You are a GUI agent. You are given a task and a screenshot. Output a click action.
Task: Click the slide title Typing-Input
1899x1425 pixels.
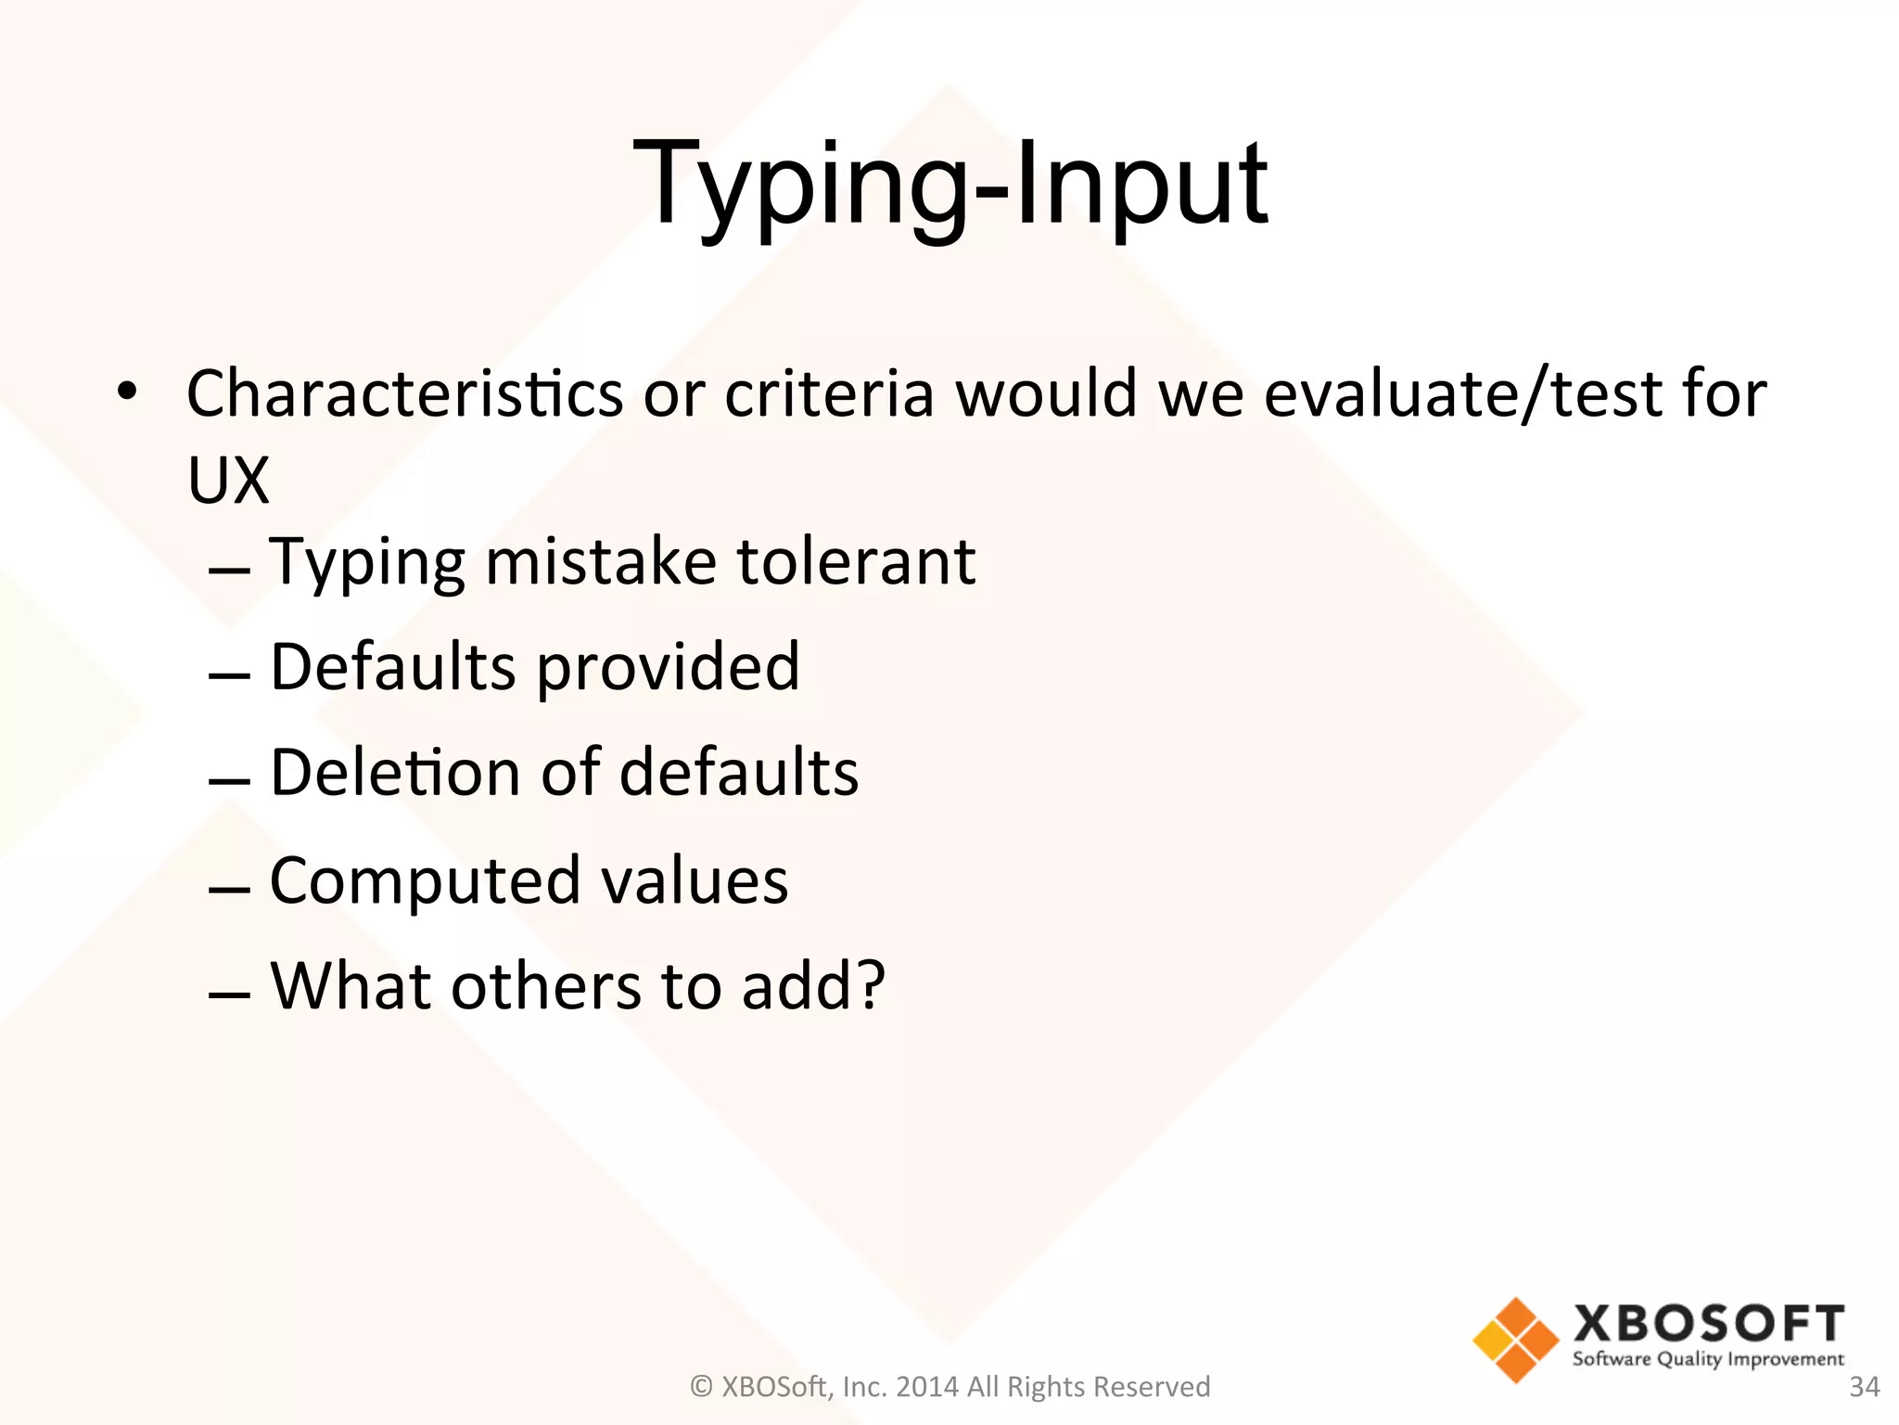tap(949, 186)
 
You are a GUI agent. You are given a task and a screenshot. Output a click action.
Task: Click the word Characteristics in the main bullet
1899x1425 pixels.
tap(405, 394)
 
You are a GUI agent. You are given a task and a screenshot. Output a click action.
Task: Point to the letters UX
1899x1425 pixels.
tap(228, 481)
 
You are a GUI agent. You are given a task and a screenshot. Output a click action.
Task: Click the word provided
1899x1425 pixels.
tap(668, 667)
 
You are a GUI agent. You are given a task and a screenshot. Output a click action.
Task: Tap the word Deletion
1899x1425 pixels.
tap(394, 773)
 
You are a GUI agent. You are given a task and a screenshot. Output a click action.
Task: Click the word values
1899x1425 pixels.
tap(695, 880)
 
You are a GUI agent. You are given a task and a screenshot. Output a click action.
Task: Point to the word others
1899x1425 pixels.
tap(546, 985)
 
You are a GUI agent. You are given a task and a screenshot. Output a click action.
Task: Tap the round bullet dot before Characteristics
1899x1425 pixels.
tap(127, 392)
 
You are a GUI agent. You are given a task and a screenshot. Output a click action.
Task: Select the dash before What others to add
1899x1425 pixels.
tap(229, 995)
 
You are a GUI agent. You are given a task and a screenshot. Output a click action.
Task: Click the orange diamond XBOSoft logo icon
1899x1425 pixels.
tap(1515, 1340)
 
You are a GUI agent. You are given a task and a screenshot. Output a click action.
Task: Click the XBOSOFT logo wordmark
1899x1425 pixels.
tap(1708, 1324)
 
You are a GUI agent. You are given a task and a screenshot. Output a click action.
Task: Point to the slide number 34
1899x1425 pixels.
tap(1864, 1387)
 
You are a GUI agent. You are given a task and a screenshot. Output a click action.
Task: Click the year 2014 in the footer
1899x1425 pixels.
tap(927, 1387)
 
